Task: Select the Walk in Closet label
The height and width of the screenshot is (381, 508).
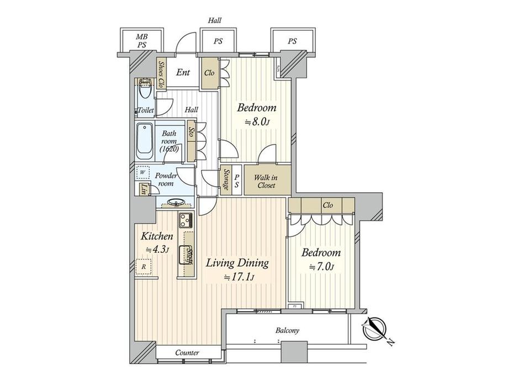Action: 266,181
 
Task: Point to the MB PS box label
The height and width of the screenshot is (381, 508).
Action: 142,40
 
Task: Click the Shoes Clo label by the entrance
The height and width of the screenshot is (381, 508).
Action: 161,75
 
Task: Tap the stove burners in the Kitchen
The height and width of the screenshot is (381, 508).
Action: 185,222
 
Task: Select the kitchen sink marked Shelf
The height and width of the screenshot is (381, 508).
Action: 186,255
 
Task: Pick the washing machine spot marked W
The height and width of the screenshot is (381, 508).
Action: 143,172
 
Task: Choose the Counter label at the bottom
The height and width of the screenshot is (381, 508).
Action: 187,352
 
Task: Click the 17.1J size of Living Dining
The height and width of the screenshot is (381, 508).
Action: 239,277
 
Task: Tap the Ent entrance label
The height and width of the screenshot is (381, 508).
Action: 183,72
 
